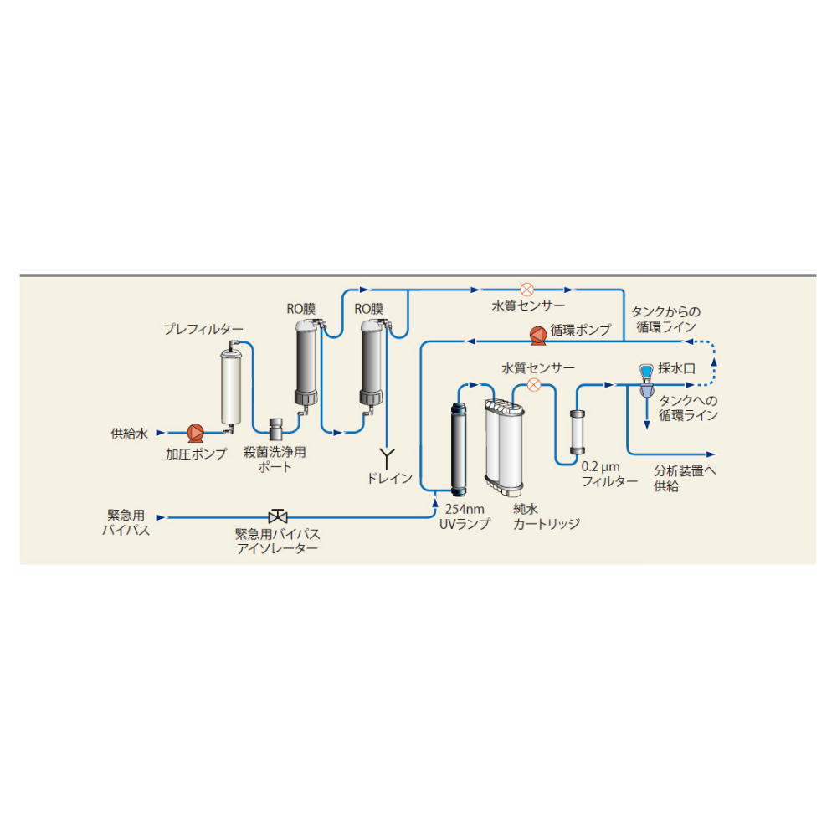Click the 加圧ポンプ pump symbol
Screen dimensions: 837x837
click(195, 433)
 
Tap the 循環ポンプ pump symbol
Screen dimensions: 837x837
click(537, 336)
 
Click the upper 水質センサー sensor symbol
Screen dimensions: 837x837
click(526, 290)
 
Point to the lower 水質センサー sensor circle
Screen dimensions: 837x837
click(534, 385)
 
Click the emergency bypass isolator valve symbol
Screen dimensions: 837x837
click(278, 516)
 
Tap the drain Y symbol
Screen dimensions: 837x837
click(387, 459)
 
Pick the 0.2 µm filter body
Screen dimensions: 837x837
click(577, 433)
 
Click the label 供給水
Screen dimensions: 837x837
click(129, 434)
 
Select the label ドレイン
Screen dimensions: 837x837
click(390, 478)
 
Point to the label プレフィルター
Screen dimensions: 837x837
click(203, 329)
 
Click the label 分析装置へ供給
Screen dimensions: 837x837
click(685, 478)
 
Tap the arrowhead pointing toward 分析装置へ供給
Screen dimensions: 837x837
click(711, 454)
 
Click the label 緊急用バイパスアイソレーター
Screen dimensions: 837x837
click(278, 542)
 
